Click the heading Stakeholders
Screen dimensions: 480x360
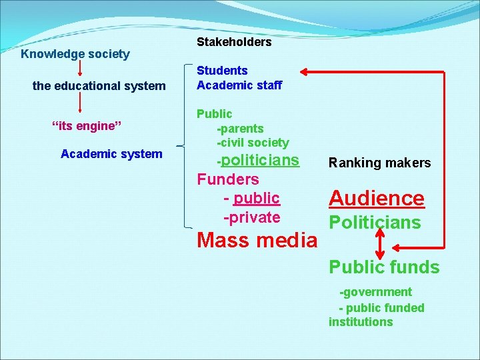click(x=234, y=42)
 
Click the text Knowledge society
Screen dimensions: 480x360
click(x=75, y=54)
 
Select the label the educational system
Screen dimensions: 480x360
click(x=99, y=86)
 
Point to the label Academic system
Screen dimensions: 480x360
click(x=111, y=154)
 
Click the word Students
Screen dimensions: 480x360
click(x=222, y=71)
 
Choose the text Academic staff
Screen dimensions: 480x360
click(x=239, y=85)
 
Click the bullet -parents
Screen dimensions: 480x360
click(x=240, y=129)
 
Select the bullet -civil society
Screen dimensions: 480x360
click(x=253, y=143)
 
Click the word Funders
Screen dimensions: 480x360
click(x=228, y=179)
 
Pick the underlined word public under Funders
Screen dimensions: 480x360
click(x=257, y=198)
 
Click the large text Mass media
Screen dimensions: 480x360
click(x=257, y=240)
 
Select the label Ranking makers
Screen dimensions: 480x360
click(x=380, y=163)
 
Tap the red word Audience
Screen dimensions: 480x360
click(x=377, y=198)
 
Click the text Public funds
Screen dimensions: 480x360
click(x=385, y=267)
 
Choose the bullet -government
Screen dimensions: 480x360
click(x=376, y=292)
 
